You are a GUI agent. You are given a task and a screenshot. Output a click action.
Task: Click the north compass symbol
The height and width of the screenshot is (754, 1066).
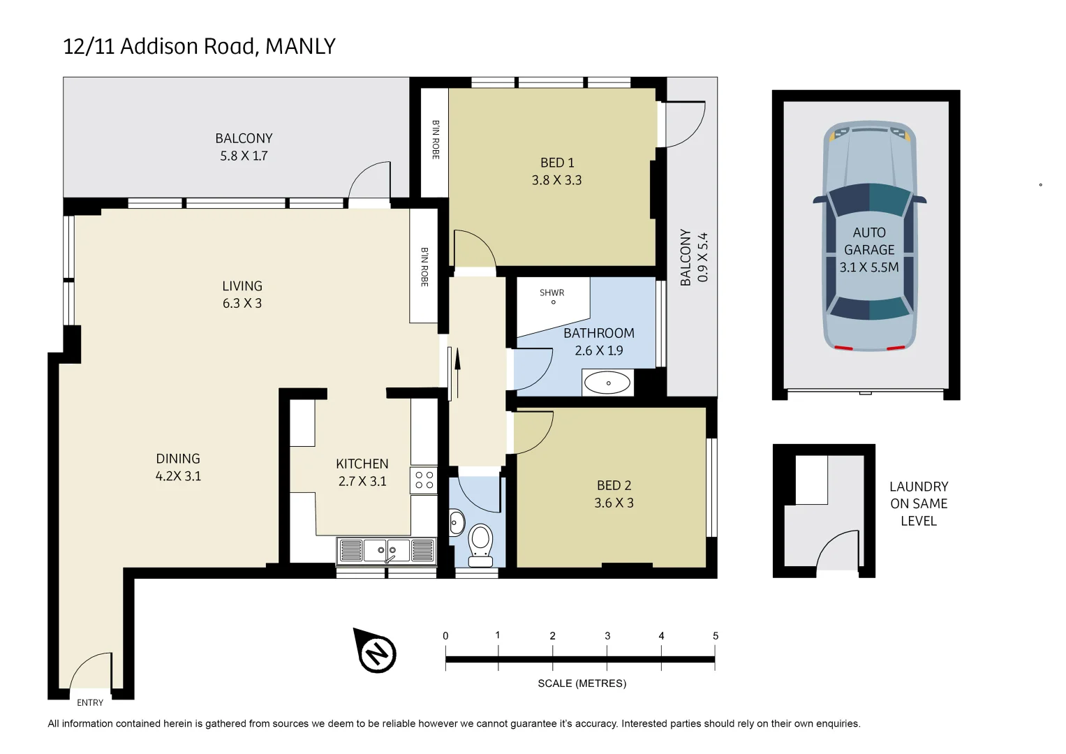coord(376,652)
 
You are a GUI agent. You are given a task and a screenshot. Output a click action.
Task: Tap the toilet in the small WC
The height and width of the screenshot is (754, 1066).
coord(480,543)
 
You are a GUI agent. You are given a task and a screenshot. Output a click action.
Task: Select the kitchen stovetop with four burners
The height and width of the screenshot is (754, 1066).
coord(424,480)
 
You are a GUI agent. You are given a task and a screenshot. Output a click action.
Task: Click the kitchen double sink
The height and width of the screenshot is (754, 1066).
coord(386,551)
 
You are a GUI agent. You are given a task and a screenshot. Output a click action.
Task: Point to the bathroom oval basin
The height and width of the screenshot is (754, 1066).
coord(607,383)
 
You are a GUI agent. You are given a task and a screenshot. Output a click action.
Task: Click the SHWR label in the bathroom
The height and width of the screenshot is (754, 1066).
coord(551,293)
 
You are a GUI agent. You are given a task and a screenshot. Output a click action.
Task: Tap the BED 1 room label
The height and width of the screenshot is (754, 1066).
coord(557,163)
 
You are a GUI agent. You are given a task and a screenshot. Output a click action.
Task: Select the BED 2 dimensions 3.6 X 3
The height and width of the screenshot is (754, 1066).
coord(614,503)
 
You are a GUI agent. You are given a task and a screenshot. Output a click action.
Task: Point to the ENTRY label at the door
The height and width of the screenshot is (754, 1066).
coord(90,702)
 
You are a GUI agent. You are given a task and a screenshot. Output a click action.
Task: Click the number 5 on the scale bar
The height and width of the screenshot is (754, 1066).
coord(716,636)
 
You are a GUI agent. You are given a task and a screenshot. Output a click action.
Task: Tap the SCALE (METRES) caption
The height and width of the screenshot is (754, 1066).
coord(582,683)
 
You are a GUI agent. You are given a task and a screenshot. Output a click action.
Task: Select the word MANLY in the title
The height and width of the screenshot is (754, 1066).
coord(300,46)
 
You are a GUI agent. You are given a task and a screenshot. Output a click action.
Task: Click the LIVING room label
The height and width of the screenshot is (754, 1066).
coord(242,286)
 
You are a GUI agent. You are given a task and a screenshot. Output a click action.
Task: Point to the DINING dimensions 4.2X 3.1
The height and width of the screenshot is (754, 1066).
coord(178,476)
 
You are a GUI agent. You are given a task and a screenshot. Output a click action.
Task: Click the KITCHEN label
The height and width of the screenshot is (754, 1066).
coord(362,464)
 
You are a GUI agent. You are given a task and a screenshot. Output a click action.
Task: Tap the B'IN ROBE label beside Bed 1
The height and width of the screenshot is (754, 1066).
coord(436,140)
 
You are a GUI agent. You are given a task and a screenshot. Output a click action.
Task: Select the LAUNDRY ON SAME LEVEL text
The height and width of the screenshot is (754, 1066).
coord(918,503)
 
